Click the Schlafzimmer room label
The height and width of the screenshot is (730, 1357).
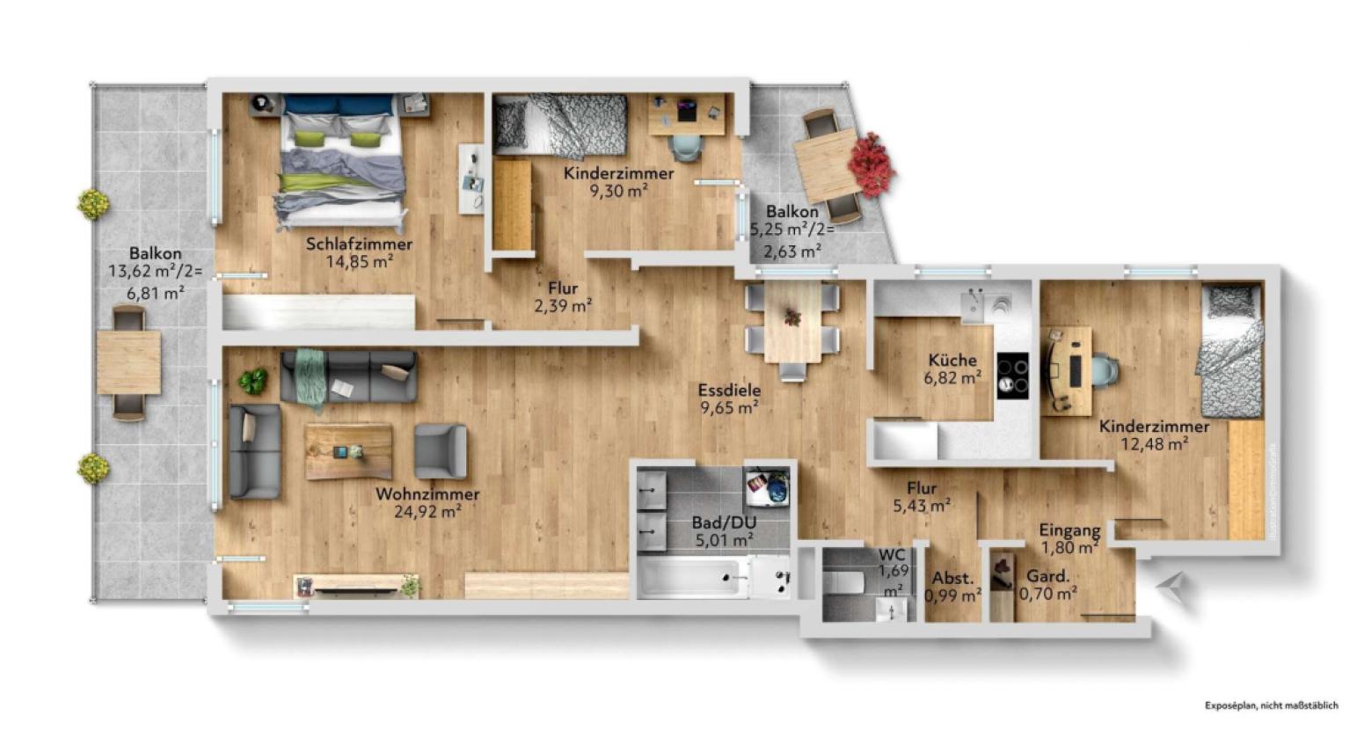pos(359,244)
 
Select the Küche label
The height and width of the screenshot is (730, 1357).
pos(952,361)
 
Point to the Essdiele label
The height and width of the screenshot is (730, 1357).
pos(729,391)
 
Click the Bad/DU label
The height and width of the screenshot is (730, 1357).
pos(724,522)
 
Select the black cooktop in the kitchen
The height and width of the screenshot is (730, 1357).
pos(1012,376)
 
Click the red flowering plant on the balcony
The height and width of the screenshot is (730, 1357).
pos(872,164)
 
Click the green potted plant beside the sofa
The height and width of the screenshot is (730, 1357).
pos(253,381)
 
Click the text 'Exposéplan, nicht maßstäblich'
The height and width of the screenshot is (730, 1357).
pos(1271,704)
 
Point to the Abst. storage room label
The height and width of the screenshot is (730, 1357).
pos(952,579)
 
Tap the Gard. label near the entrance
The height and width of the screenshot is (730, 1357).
pos(1048,577)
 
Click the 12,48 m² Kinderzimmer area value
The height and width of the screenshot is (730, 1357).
pos(1154,444)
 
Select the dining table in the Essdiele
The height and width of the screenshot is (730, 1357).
pos(792,322)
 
